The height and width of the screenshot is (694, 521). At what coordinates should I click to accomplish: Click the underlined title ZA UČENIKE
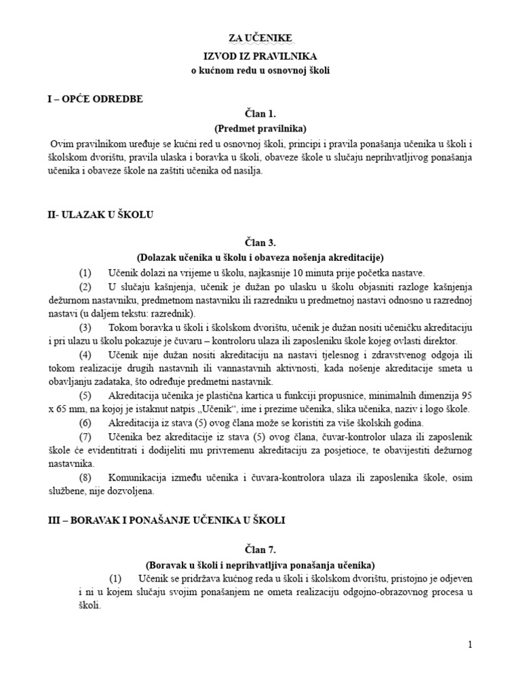pyautogui.click(x=261, y=39)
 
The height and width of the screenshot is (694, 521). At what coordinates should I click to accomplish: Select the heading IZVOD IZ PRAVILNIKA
pyautogui.click(x=261, y=56)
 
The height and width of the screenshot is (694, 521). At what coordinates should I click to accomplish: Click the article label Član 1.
pyautogui.click(x=261, y=113)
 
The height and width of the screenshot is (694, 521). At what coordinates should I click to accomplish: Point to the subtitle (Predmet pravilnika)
pyautogui.click(x=261, y=128)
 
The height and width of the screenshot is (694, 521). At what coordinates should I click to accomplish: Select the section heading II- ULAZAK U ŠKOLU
pyautogui.click(x=96, y=215)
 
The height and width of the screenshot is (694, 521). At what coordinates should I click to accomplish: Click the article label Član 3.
pyautogui.click(x=261, y=243)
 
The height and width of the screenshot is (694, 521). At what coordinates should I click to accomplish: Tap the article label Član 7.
pyautogui.click(x=261, y=549)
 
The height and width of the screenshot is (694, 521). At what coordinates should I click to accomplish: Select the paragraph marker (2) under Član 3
pyautogui.click(x=85, y=287)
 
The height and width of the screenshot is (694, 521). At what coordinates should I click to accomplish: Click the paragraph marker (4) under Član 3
pyautogui.click(x=85, y=354)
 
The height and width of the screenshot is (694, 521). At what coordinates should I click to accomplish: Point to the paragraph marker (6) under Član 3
pyautogui.click(x=85, y=422)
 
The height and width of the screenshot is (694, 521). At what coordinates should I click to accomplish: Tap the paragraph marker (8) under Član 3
pyautogui.click(x=85, y=478)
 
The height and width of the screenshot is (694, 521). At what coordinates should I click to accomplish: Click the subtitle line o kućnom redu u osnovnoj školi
pyautogui.click(x=261, y=70)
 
